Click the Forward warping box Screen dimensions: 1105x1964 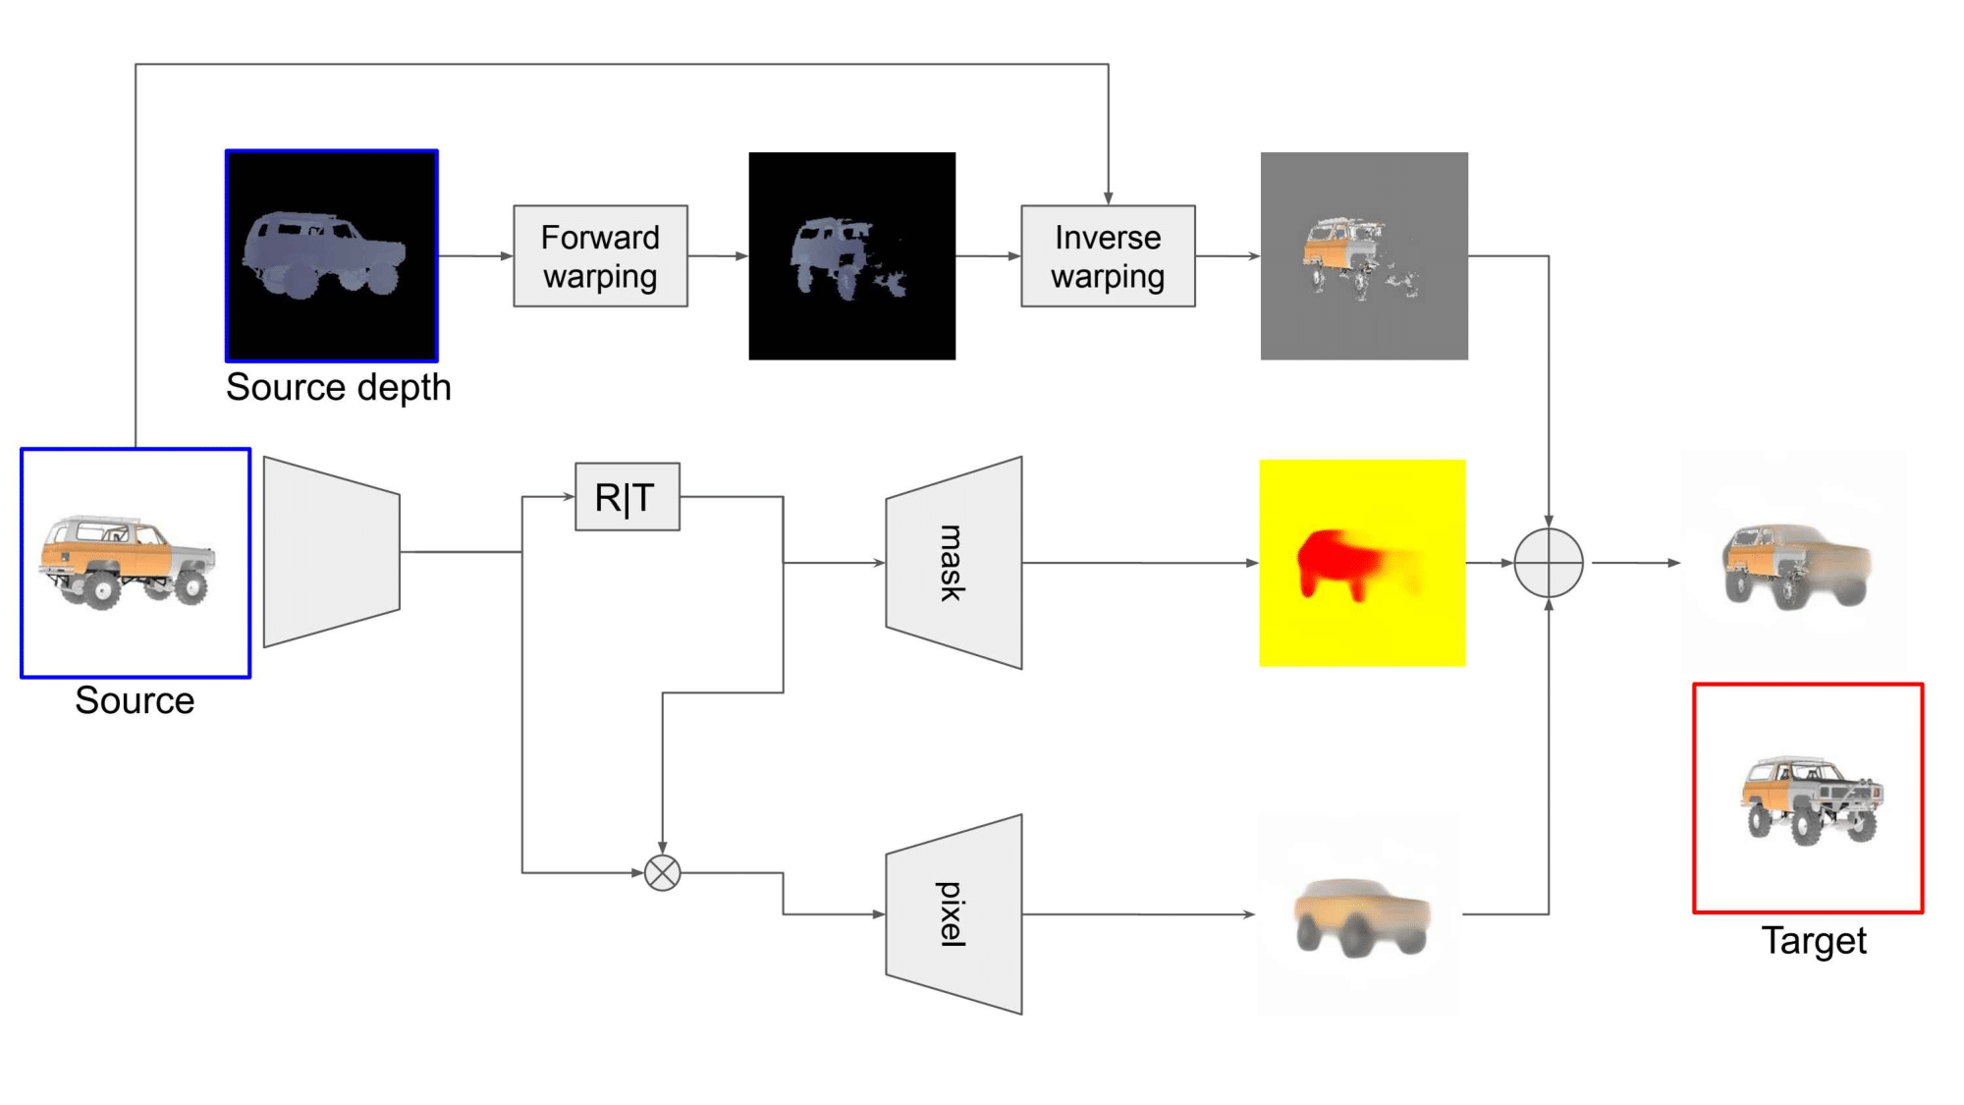600,256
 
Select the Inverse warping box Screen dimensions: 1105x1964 1108,256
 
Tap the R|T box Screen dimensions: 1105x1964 627,497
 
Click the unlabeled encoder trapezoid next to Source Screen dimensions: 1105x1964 331,552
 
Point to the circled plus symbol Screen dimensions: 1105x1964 1549,563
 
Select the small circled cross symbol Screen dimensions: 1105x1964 662,872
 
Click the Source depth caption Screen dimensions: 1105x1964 339,388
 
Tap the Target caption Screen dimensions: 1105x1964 1813,941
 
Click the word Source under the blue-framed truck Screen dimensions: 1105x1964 135,701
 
